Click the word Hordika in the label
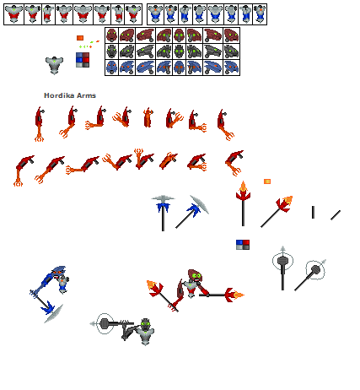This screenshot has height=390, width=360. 57,95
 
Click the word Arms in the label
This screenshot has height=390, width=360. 84,95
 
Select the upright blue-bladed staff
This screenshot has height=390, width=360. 163,212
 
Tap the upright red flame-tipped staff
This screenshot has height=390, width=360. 243,203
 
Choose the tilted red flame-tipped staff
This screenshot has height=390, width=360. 276,211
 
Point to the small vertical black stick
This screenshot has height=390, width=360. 313,213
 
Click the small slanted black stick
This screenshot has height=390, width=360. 336,214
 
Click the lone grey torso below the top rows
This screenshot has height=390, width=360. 56,65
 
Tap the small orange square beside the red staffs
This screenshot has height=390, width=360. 267,181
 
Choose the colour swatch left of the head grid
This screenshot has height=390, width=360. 83,59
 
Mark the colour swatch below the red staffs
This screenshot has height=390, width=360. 243,245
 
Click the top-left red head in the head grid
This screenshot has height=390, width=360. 112,35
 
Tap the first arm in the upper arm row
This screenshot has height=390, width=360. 39,122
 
